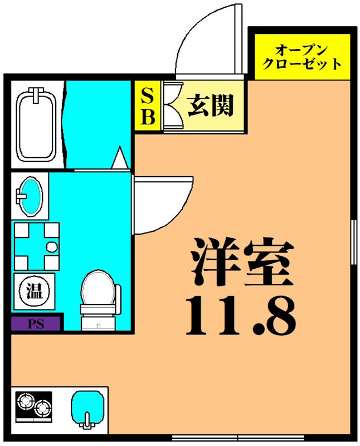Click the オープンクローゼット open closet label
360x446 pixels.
(301, 55)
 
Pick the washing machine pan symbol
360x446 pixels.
(36, 246)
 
